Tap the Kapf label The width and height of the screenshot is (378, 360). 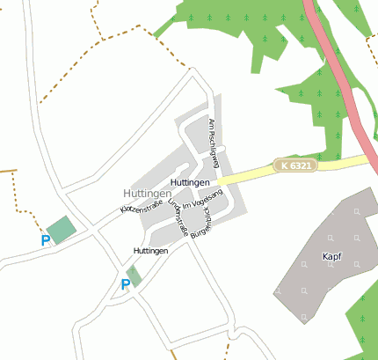point(331,258)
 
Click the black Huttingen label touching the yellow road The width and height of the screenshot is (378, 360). point(191,182)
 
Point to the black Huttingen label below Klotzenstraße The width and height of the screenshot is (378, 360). point(151,251)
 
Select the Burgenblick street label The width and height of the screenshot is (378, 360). point(207,224)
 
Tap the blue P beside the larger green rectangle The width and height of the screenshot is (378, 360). point(45,240)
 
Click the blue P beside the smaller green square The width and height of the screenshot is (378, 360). point(125,283)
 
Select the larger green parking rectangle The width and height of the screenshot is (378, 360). point(62,230)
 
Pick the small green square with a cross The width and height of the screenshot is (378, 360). point(134,275)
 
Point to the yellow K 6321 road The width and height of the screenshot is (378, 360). point(255,173)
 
